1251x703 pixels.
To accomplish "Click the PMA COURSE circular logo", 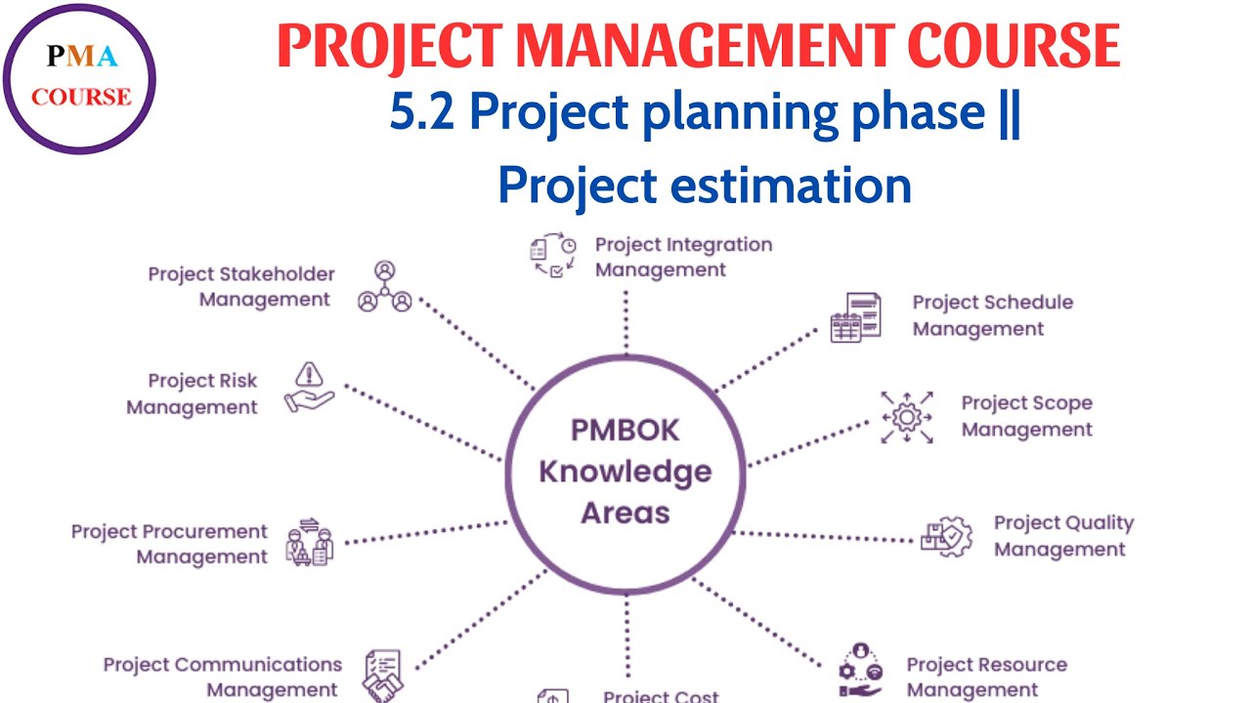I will [x=79, y=79].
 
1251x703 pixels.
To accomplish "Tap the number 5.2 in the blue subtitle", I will [x=423, y=114].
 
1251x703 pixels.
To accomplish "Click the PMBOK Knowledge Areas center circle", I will [x=625, y=472].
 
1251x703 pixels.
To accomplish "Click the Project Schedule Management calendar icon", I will [x=855, y=317].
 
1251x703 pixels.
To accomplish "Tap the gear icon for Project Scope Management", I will [x=906, y=417].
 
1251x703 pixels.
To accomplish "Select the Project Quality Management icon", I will [x=947, y=536].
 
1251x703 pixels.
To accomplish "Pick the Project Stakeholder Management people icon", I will [x=384, y=287].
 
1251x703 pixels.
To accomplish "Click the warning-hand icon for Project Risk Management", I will [x=309, y=388].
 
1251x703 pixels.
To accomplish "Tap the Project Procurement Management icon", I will [x=309, y=544].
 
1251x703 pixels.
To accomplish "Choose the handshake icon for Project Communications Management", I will [x=382, y=675].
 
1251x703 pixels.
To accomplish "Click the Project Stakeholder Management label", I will [x=240, y=287].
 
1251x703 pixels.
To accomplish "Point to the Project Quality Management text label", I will [x=1063, y=536].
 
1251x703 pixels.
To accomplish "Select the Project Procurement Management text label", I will [x=169, y=544].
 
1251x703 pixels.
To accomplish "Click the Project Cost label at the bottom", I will [x=661, y=696].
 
